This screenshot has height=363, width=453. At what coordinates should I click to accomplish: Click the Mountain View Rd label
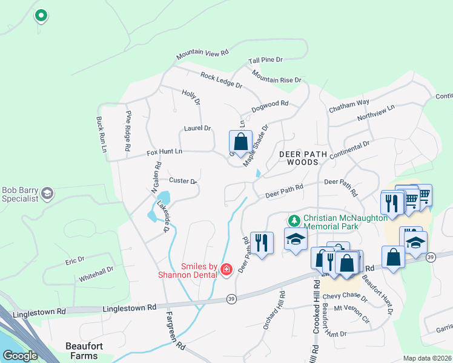[202, 54]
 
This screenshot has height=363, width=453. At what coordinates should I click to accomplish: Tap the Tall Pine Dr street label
[265, 60]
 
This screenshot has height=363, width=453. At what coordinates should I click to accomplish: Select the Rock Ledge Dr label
[221, 80]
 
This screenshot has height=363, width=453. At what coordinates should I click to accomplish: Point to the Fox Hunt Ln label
[164, 152]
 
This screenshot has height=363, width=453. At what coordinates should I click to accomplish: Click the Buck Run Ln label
[101, 135]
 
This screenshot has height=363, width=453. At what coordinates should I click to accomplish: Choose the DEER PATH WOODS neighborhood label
[299, 158]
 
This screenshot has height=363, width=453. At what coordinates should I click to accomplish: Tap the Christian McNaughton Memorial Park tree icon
[294, 220]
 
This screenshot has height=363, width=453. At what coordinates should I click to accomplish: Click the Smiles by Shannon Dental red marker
[226, 269]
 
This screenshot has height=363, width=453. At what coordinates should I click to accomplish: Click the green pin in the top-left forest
[41, 15]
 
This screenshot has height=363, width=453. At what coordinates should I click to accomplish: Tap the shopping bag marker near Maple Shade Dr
[240, 142]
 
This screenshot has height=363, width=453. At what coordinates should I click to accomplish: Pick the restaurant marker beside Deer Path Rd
[262, 243]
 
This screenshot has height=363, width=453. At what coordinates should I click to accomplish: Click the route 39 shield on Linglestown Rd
[231, 298]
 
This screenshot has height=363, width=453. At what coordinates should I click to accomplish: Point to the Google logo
[20, 356]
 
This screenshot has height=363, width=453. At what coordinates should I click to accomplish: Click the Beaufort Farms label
[82, 350]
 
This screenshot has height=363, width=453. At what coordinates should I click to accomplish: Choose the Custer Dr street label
[183, 181]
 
